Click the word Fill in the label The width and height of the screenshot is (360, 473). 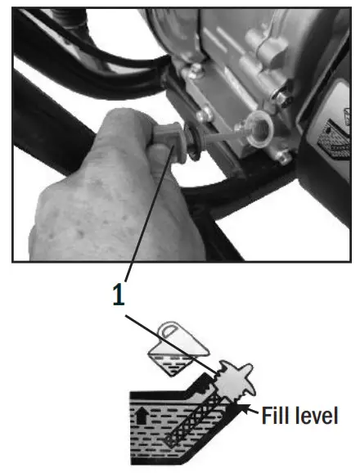(x=278, y=416)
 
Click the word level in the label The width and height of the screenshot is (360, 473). (x=318, y=416)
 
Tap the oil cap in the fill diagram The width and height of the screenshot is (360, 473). (x=239, y=382)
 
